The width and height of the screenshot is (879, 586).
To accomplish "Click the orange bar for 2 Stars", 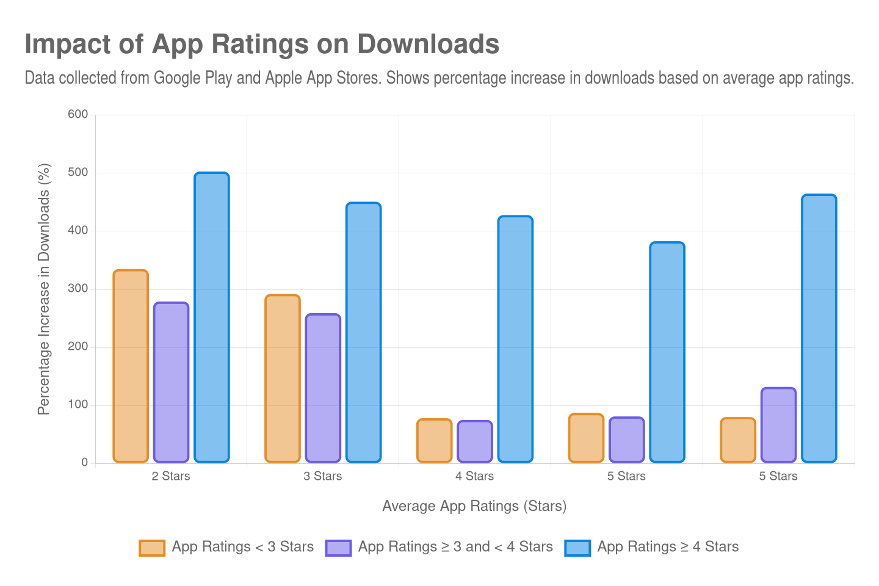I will click(131, 366).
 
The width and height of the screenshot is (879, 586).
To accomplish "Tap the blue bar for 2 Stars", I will click(212, 317).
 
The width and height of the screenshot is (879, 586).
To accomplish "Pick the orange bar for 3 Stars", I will click(283, 378).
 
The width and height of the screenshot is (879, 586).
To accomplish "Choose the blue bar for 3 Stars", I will click(363, 332).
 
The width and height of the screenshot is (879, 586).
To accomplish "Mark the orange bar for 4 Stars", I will click(434, 440).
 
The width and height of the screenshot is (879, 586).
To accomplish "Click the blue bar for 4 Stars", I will click(515, 339).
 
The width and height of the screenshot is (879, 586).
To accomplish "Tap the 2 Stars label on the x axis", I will click(171, 476).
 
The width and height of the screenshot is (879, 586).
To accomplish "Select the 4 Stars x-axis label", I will click(474, 476).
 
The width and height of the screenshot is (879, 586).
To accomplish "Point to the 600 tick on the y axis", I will click(78, 114).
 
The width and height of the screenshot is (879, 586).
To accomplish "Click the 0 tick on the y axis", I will click(84, 463).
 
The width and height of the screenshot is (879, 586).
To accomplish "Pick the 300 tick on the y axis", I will click(78, 288).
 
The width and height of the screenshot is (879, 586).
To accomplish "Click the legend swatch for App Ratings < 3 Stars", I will click(152, 548).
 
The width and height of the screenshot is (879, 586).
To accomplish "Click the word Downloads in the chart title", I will click(428, 45).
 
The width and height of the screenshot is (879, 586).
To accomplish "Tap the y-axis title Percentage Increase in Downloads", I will click(43, 289).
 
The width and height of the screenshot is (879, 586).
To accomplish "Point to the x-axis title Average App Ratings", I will click(474, 506).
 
